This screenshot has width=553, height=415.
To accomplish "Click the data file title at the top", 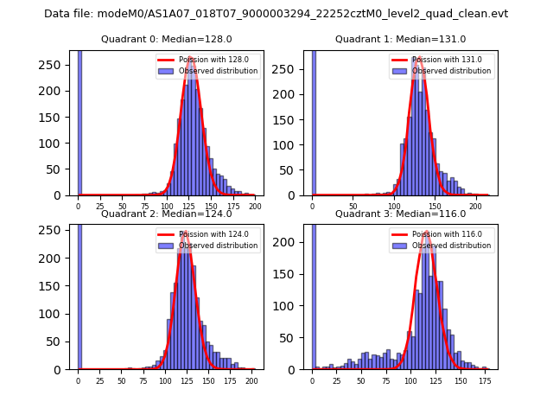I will click(276, 14).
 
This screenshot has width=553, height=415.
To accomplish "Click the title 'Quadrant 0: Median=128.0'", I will click(166, 39).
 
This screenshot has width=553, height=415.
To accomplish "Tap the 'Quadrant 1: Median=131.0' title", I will click(400, 39).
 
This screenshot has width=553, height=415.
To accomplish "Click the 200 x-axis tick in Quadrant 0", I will click(254, 207).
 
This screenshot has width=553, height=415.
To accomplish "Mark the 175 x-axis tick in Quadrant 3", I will click(486, 380).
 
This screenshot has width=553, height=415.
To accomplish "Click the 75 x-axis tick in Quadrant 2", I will click(143, 380).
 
